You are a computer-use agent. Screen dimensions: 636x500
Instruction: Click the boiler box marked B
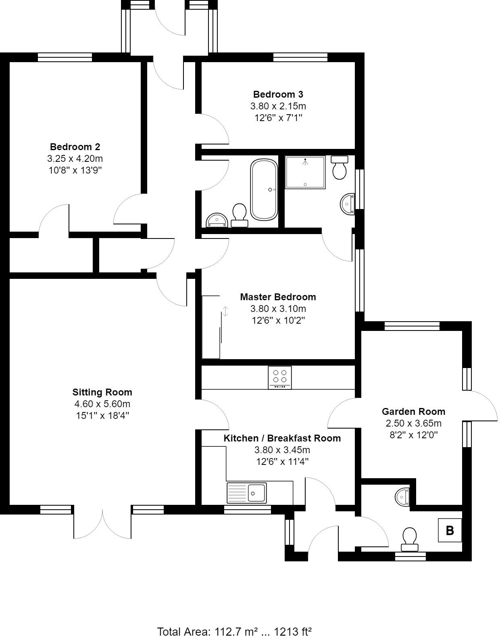pos(450,530)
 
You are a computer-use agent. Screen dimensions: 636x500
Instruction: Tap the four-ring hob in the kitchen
pos(279,377)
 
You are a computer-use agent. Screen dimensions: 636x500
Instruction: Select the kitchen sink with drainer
pos(247,493)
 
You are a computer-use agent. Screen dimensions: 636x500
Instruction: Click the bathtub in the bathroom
pos(264,190)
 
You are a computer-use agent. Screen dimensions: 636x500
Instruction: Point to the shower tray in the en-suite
pos(305,172)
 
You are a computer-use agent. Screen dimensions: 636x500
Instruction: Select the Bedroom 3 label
pos(278,94)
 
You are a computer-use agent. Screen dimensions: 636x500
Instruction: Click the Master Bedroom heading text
pos(278,297)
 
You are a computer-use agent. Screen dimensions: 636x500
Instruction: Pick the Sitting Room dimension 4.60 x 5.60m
pos(102,404)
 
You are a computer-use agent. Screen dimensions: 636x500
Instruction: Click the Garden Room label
pos(413,412)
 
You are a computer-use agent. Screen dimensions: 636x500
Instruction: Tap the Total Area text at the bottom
pos(234,631)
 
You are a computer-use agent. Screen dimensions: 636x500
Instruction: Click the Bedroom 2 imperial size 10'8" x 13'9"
pos(75,170)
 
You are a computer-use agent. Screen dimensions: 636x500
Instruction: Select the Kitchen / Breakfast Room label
pos(282,438)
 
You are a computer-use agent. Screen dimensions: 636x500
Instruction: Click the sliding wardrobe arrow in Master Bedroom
pos(226,311)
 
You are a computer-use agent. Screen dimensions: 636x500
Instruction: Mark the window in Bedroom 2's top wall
pos(65,58)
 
